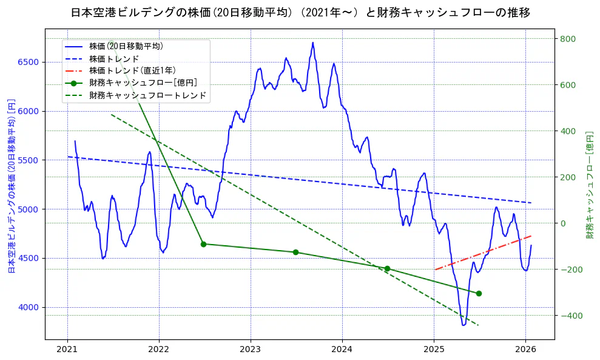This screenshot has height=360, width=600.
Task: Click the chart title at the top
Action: [300, 13]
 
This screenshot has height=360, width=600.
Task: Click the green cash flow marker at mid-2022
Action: [203, 244]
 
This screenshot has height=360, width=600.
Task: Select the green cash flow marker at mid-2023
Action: [295, 252]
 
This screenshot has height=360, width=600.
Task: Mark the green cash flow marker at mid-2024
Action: [387, 268]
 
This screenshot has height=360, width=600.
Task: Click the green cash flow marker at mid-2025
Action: [479, 293]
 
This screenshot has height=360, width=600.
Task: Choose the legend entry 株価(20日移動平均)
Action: [126, 46]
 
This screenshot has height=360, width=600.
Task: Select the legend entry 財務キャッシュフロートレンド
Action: [147, 95]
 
